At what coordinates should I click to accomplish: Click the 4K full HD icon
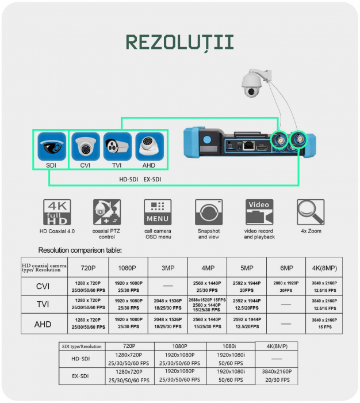[x=57, y=212]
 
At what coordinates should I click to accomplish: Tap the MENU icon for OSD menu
[x=157, y=212]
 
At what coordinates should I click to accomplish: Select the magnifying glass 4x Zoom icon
[x=311, y=212]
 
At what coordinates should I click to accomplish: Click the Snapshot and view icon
[x=209, y=212]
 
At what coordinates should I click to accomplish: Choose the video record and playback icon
[x=259, y=212]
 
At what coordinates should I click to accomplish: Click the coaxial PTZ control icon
[x=107, y=212]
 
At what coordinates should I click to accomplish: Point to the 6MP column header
[x=286, y=268]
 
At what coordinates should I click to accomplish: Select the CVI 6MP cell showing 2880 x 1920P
[x=286, y=286]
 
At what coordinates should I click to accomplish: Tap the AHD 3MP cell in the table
[x=167, y=324]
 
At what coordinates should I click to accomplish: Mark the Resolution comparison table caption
[x=80, y=250]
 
